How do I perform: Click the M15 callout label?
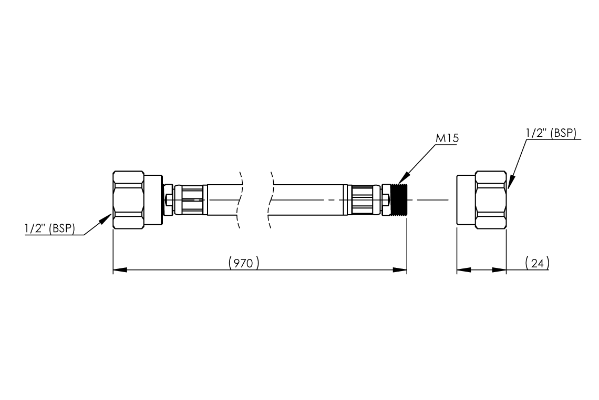pyautogui.click(x=447, y=138)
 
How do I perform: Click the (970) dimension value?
pyautogui.click(x=244, y=263)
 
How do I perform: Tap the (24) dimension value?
pyautogui.click(x=537, y=263)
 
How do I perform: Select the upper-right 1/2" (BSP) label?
pyautogui.click(x=551, y=133)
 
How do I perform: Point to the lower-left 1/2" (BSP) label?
pyautogui.click(x=50, y=228)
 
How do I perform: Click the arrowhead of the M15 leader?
pyautogui.click(x=404, y=178)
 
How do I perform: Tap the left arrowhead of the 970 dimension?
pyautogui.click(x=120, y=270)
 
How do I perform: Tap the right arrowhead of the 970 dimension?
pyautogui.click(x=400, y=270)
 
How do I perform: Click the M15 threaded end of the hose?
pyautogui.click(x=399, y=200)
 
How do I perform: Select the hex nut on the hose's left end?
pyautogui.click(x=128, y=200)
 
